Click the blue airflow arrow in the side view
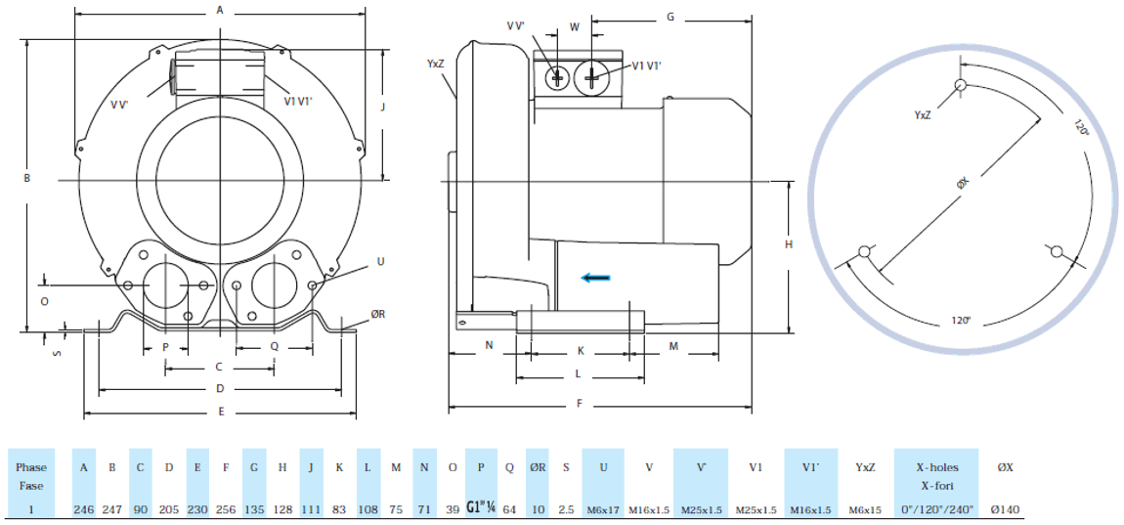click(595, 278)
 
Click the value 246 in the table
click(84, 509)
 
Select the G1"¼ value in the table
click(482, 508)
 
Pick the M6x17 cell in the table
click(602, 509)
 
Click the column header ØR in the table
click(538, 467)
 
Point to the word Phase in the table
click(31, 467)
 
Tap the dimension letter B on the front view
click(27, 178)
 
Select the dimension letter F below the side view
click(580, 403)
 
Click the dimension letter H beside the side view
click(789, 245)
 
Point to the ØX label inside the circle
click(962, 183)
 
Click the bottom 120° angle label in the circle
click(961, 321)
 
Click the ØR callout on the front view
click(378, 314)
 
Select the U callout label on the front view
click(380, 261)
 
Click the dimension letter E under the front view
click(222, 412)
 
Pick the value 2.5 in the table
click(566, 509)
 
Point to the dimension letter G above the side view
click(670, 17)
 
